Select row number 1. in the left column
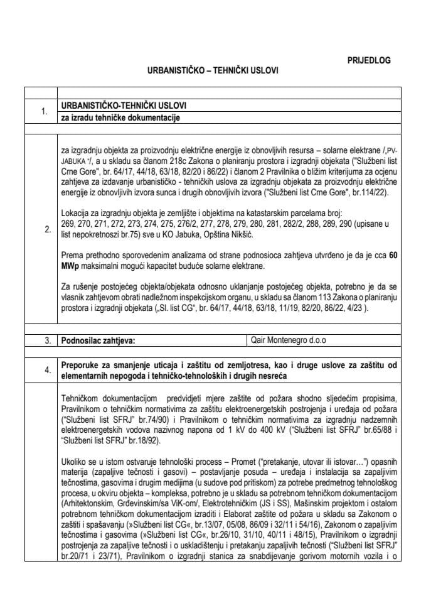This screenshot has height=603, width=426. coord(44,112)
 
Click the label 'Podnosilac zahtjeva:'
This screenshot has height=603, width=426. coord(97,340)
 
